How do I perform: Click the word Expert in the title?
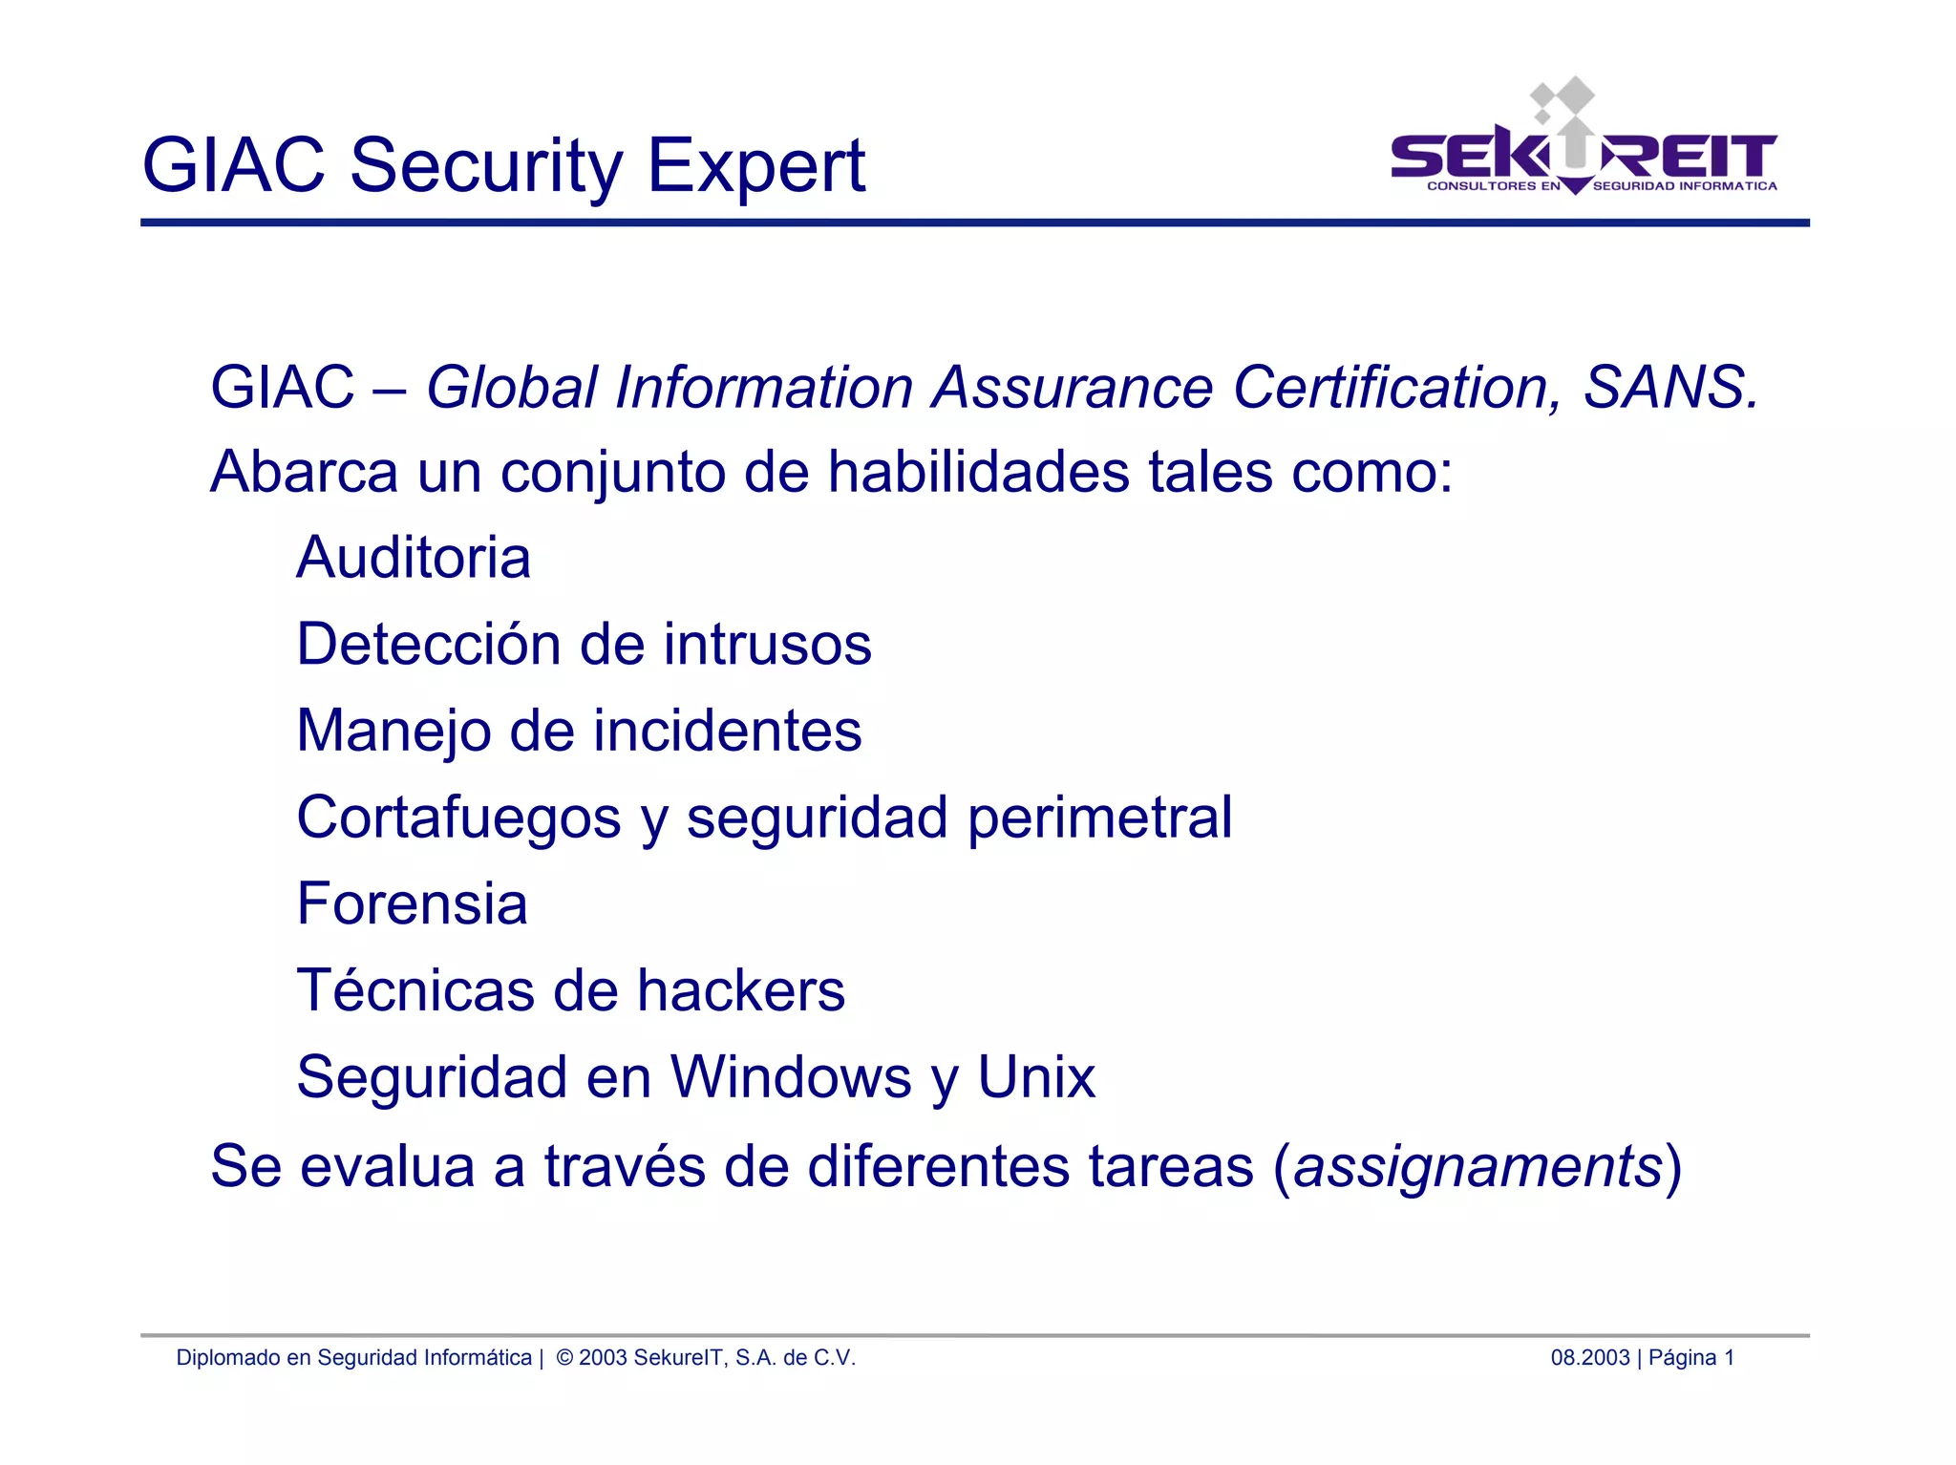point(756,166)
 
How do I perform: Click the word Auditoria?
point(413,558)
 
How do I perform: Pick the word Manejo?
point(393,732)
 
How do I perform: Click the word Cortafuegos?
point(458,818)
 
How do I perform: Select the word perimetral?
point(1099,818)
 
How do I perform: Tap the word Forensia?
point(412,904)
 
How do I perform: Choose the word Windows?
point(791,1078)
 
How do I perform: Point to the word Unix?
point(1035,1078)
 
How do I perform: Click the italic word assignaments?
point(1478,1167)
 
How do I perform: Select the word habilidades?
point(978,472)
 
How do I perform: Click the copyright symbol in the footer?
point(563,1358)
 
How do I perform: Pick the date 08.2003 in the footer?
point(1589,1358)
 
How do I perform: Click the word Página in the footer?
point(1682,1358)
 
